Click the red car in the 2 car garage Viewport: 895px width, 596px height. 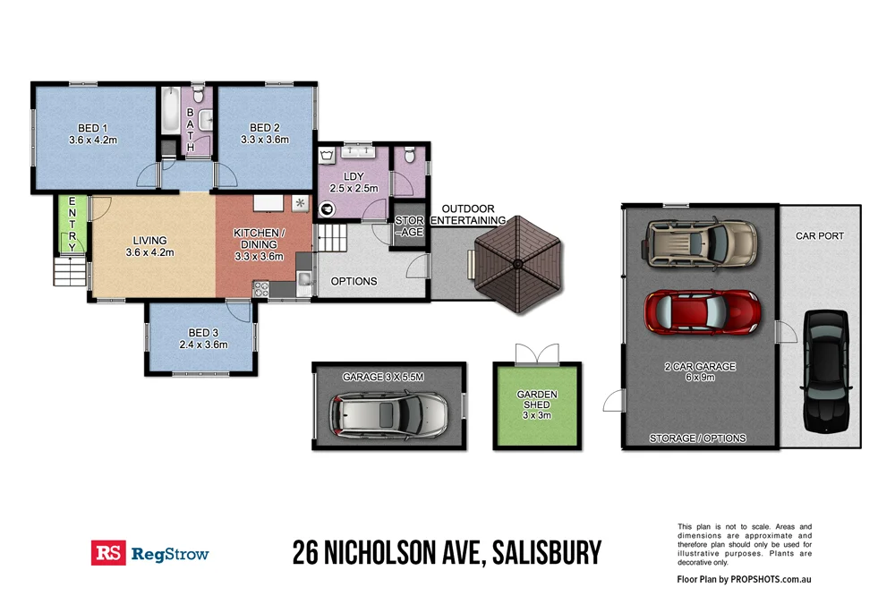tap(703, 311)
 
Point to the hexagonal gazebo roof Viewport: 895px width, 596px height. tap(518, 264)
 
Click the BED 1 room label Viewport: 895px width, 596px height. tap(93, 134)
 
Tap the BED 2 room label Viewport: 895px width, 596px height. tap(266, 133)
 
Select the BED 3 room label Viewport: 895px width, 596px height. tap(203, 338)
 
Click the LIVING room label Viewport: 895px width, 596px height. tap(150, 246)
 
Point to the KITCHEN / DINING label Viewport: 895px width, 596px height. tap(259, 244)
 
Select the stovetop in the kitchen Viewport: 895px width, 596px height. tap(262, 288)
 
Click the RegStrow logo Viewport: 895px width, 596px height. tap(149, 553)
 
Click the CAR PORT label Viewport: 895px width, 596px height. tap(819, 236)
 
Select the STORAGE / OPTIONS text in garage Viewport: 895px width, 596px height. tap(697, 438)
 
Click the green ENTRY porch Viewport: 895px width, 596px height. tap(72, 223)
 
